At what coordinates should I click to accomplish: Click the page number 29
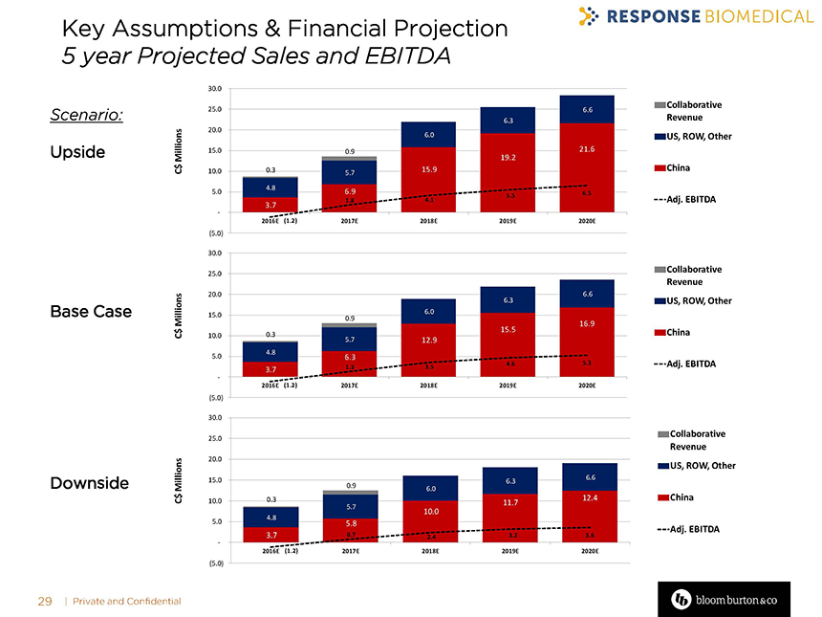click(44, 601)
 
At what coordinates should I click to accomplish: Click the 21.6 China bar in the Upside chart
click(587, 158)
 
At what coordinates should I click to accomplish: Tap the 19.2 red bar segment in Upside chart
click(508, 163)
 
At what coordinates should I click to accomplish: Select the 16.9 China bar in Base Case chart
click(587, 335)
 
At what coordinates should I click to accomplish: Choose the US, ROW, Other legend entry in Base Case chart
click(693, 301)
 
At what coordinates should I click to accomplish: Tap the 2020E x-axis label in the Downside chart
click(589, 551)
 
